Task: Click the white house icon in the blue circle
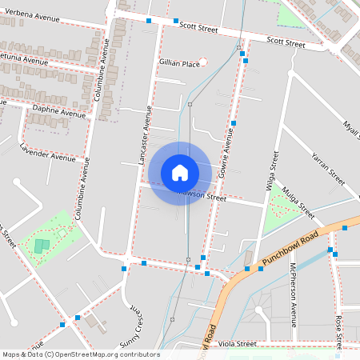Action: [x=180, y=172]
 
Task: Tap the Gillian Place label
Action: [x=178, y=63]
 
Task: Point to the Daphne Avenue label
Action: [x=58, y=110]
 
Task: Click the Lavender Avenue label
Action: [x=48, y=152]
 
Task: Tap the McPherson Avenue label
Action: [x=294, y=294]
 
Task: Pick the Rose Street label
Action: [x=340, y=330]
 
